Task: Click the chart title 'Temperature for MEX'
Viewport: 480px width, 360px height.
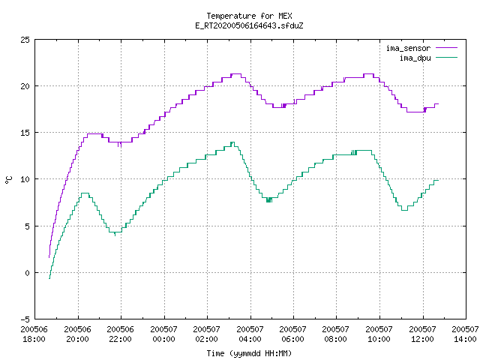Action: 249,16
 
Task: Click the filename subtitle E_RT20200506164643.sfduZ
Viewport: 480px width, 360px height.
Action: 249,25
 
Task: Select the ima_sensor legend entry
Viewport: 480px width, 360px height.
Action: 421,48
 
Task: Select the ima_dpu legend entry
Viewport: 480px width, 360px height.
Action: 428,58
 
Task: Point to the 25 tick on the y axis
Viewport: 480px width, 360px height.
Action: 25,40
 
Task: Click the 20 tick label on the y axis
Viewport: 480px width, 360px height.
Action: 25,86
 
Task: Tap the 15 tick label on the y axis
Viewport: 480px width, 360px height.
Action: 25,133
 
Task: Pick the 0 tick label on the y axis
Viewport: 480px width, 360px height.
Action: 27,273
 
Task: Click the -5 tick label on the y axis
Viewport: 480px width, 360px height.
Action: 25,319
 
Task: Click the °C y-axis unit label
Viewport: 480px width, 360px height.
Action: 9,180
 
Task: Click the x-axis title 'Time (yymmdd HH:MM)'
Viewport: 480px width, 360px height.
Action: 249,353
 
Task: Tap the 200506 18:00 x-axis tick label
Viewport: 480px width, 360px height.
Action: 34,334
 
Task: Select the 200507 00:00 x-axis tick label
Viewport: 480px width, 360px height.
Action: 163,334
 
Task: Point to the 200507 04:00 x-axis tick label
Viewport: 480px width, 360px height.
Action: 250,334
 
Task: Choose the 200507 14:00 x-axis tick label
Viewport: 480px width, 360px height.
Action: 465,334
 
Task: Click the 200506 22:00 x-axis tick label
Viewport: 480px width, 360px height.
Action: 120,334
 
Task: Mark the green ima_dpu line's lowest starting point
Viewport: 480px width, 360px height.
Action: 49,278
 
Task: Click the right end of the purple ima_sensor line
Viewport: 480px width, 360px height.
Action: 438,104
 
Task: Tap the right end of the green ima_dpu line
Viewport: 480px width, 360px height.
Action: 438,181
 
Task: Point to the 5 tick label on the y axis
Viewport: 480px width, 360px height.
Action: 27,226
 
